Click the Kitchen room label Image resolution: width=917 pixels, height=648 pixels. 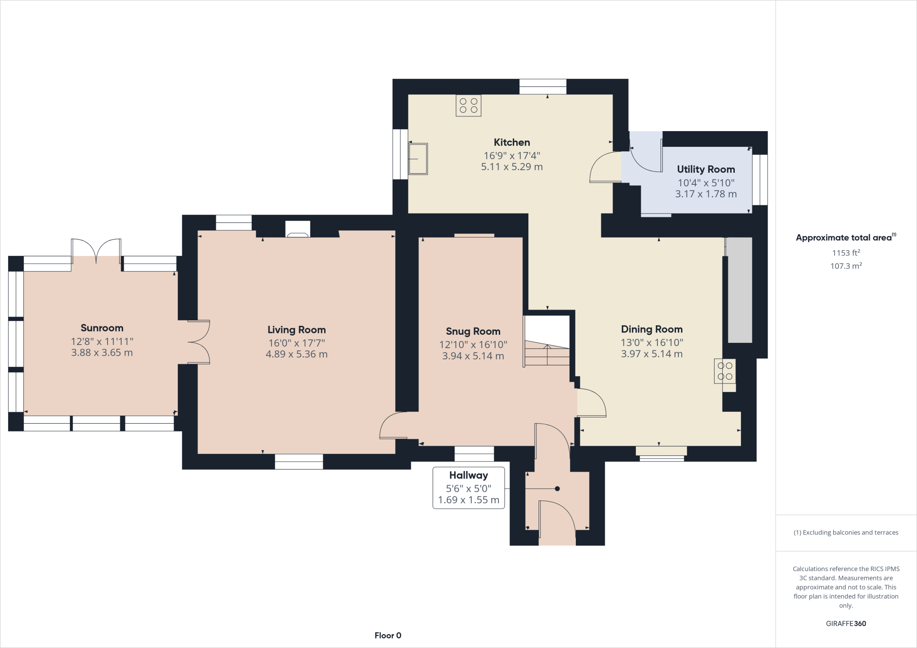pyautogui.click(x=512, y=142)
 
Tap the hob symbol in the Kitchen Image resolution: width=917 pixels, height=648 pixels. pyautogui.click(x=468, y=106)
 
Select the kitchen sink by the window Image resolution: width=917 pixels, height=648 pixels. pyautogui.click(x=418, y=159)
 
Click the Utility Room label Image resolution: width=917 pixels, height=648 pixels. pyautogui.click(x=706, y=169)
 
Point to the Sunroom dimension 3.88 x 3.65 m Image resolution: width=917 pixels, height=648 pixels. pyautogui.click(x=102, y=353)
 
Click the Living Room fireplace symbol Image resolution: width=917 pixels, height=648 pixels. pyautogui.click(x=298, y=229)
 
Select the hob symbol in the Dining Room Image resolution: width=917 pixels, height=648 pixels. pyautogui.click(x=724, y=371)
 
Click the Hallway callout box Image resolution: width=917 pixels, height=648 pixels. pyautogui.click(x=468, y=488)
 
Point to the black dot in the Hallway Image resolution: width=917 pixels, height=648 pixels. pyautogui.click(x=557, y=489)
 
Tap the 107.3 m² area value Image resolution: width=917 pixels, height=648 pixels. pyautogui.click(x=846, y=266)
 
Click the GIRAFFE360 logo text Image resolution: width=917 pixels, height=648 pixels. pyautogui.click(x=846, y=623)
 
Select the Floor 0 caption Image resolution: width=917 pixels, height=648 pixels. pyautogui.click(x=388, y=635)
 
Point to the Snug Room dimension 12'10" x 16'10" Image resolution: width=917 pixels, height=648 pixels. pyautogui.click(x=473, y=345)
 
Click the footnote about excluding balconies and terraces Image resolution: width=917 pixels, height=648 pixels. pyautogui.click(x=846, y=533)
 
